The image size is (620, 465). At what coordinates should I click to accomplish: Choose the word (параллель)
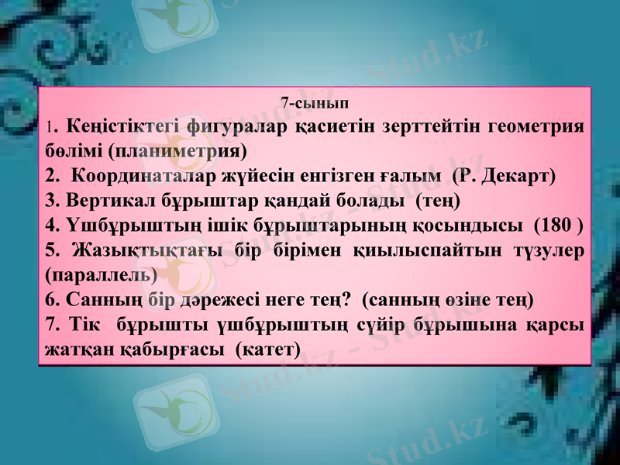[x=102, y=274]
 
